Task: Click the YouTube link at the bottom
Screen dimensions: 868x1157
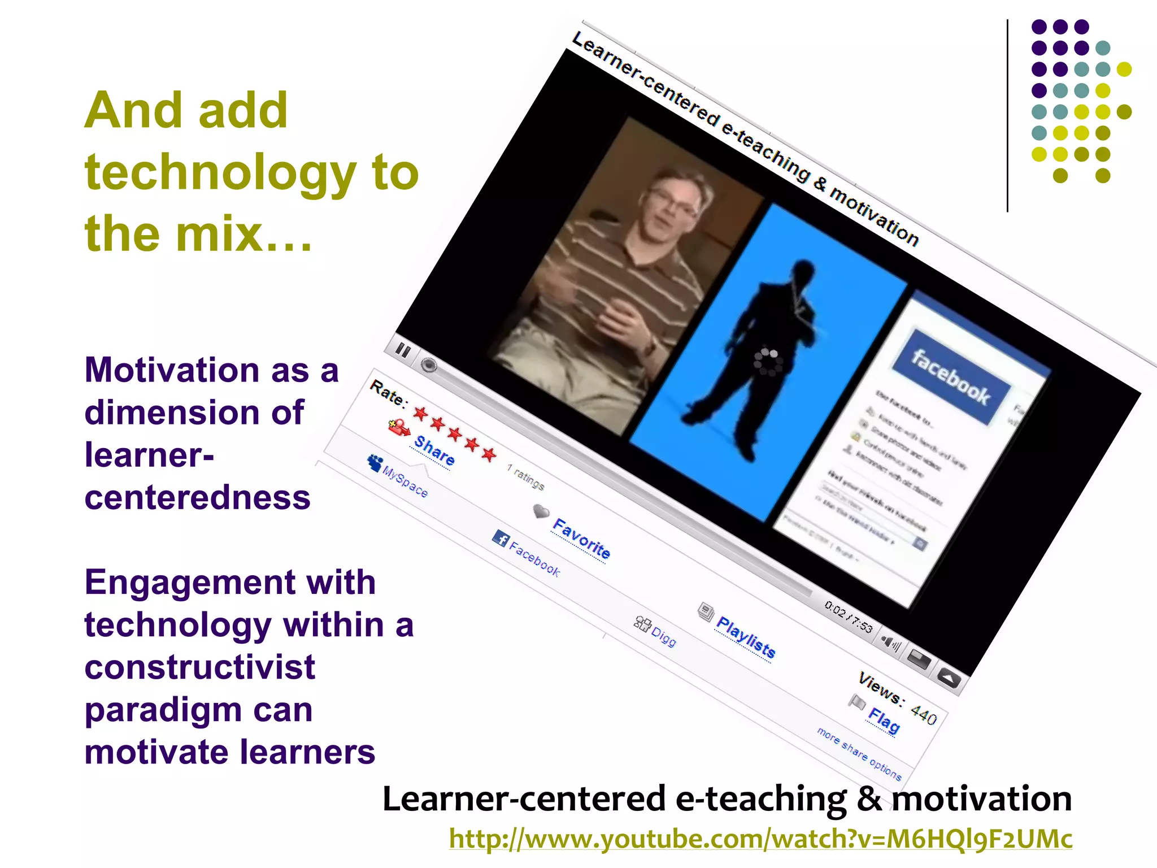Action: (760, 839)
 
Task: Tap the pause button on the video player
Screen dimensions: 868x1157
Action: (403, 350)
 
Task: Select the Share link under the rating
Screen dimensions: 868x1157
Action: (434, 450)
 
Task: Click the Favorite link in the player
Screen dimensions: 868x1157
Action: (581, 539)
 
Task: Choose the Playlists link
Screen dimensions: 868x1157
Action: (746, 637)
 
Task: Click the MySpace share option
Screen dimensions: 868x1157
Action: (405, 481)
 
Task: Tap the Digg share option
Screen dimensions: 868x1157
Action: (663, 637)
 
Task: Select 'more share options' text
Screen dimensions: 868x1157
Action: (859, 754)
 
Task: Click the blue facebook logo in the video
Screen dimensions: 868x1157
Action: (951, 377)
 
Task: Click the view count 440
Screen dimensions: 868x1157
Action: (924, 715)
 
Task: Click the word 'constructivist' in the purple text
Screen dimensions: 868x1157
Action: (199, 667)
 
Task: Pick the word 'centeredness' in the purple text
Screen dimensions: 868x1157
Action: (197, 498)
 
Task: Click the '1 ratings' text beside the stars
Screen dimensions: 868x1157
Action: (525, 477)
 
